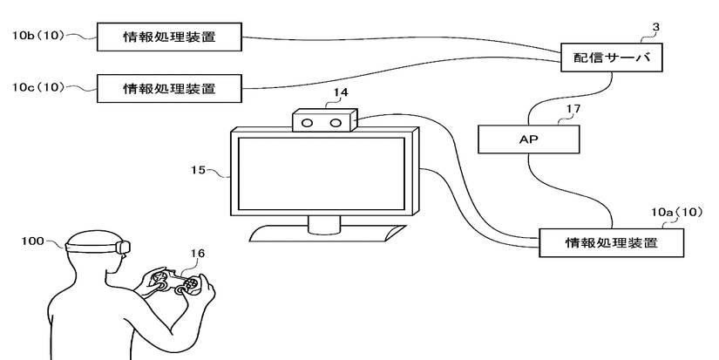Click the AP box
pyautogui.click(x=528, y=139)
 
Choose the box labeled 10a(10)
pyautogui.click(x=611, y=241)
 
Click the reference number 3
pyautogui.click(x=655, y=27)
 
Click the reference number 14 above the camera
pyautogui.click(x=342, y=92)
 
